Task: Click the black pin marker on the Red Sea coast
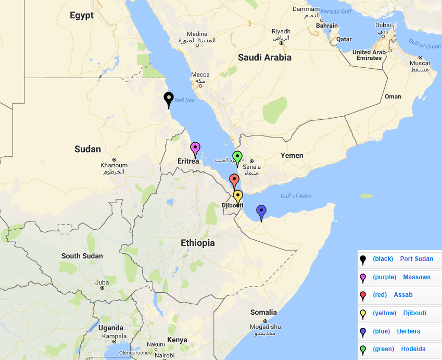tap(168, 98)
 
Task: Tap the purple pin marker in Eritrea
tap(195, 148)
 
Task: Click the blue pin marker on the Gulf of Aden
tap(261, 212)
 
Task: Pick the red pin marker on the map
tap(234, 180)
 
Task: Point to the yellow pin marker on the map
tap(238, 196)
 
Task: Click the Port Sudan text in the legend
tap(416, 259)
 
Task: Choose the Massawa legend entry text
tap(416, 277)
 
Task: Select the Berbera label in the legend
tap(408, 331)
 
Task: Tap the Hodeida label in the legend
tap(413, 349)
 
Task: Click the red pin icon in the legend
tap(363, 295)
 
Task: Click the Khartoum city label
tap(113, 166)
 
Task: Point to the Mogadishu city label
tap(265, 327)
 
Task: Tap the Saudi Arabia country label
tap(264, 58)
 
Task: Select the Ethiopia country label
tap(197, 243)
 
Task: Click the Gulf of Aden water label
tap(296, 196)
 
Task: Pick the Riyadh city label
tap(280, 31)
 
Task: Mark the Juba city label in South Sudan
tap(102, 283)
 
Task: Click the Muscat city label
tap(420, 64)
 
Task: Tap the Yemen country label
tap(292, 155)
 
